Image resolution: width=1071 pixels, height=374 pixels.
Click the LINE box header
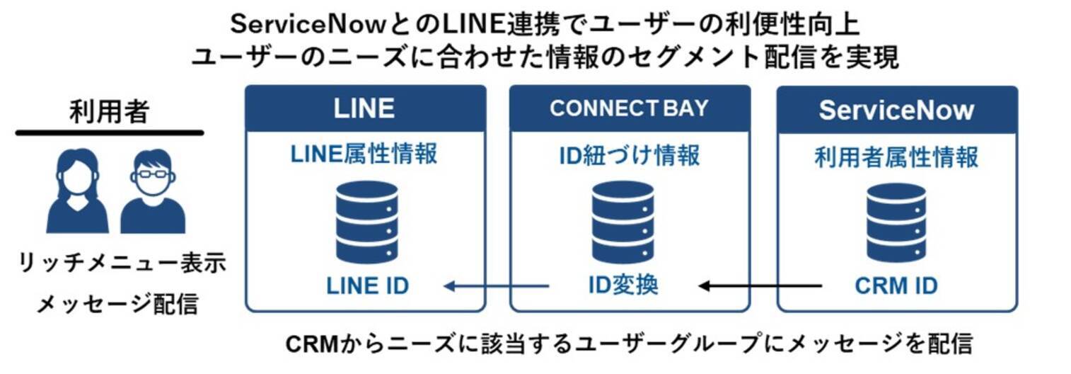click(365, 108)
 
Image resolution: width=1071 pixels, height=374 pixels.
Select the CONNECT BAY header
click(629, 108)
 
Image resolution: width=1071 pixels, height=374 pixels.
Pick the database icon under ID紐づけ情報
click(623, 222)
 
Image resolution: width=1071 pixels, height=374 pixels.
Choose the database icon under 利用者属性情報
click(896, 222)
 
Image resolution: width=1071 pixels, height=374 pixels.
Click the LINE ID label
click(367, 286)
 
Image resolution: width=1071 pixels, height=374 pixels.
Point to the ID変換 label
click(623, 285)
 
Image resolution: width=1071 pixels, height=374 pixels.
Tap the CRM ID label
click(896, 286)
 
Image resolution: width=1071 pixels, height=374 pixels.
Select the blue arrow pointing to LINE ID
click(496, 286)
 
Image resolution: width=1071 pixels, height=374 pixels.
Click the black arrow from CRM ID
click(760, 286)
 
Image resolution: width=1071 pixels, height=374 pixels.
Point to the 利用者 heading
click(109, 112)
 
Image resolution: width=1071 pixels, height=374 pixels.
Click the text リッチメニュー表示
click(121, 264)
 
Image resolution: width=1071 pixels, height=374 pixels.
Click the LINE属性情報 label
click(364, 154)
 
